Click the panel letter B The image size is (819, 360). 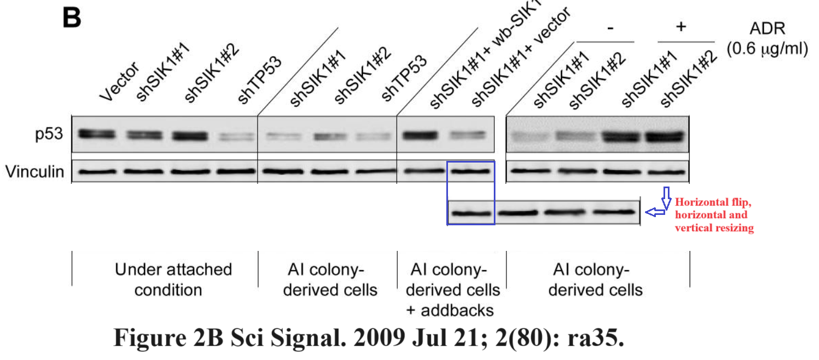pos(72,17)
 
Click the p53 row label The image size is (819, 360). pos(51,134)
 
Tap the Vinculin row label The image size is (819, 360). pos(35,172)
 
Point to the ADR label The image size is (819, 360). pos(767,28)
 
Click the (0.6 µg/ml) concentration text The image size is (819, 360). pos(767,49)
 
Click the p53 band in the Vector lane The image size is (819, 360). pos(97,134)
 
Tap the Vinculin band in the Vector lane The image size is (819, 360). pos(97,171)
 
